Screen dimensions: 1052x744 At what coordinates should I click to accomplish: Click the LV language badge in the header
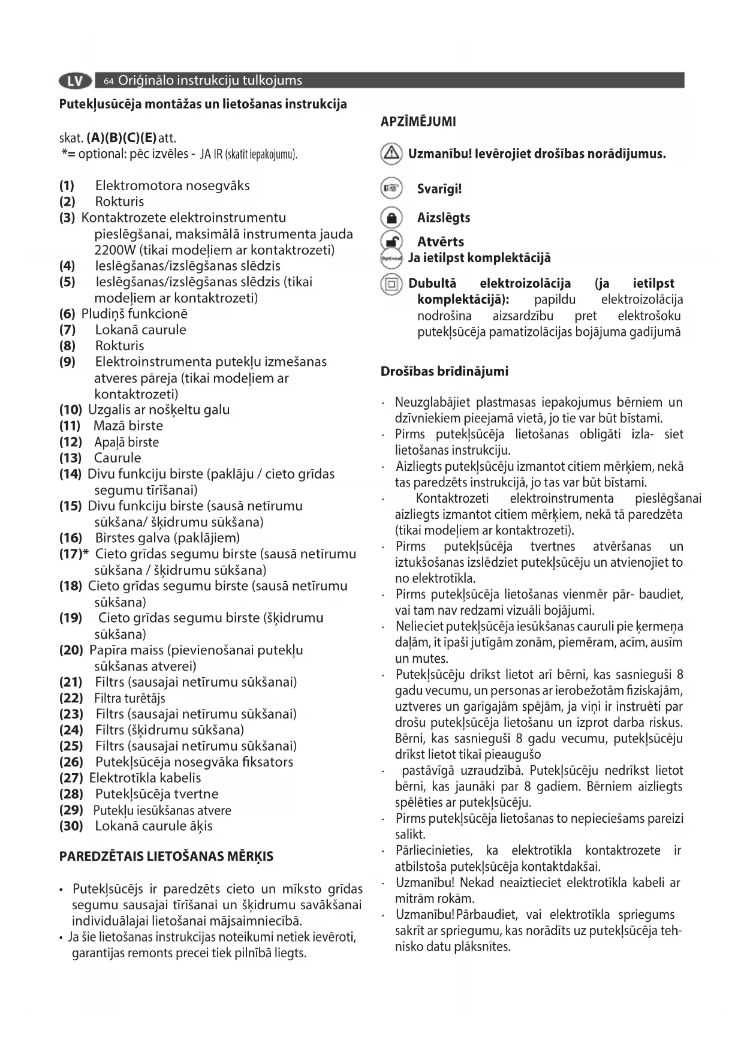coord(76,80)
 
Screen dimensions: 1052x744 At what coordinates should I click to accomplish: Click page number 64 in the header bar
coord(109,81)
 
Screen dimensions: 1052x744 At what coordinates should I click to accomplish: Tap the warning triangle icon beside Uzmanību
coord(391,154)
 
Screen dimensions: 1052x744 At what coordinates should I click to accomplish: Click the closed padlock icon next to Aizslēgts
coord(391,217)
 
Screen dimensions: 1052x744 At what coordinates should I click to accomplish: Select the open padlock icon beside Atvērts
coord(391,241)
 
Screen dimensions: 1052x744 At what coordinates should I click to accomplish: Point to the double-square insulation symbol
coord(391,284)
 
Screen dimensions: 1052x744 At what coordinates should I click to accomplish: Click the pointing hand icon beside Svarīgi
coord(391,189)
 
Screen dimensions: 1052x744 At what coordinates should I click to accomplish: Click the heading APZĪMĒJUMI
coord(418,122)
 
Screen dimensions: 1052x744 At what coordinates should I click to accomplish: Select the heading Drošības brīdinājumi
coord(444,371)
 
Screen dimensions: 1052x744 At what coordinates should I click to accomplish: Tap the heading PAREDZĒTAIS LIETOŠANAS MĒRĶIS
coord(166,856)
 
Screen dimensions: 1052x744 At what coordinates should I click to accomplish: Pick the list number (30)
coord(71,826)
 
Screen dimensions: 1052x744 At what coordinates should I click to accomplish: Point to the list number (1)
coord(67,186)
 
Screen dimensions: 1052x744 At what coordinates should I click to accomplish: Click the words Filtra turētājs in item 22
coord(129,698)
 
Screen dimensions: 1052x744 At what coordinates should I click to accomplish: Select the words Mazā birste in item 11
coord(128,426)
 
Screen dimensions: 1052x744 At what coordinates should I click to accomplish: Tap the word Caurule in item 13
coord(118,458)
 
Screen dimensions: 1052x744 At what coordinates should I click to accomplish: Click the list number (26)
coord(71,762)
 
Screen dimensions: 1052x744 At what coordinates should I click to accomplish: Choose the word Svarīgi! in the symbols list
coord(439,190)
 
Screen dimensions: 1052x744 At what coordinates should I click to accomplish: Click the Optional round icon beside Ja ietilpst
coord(391,259)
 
